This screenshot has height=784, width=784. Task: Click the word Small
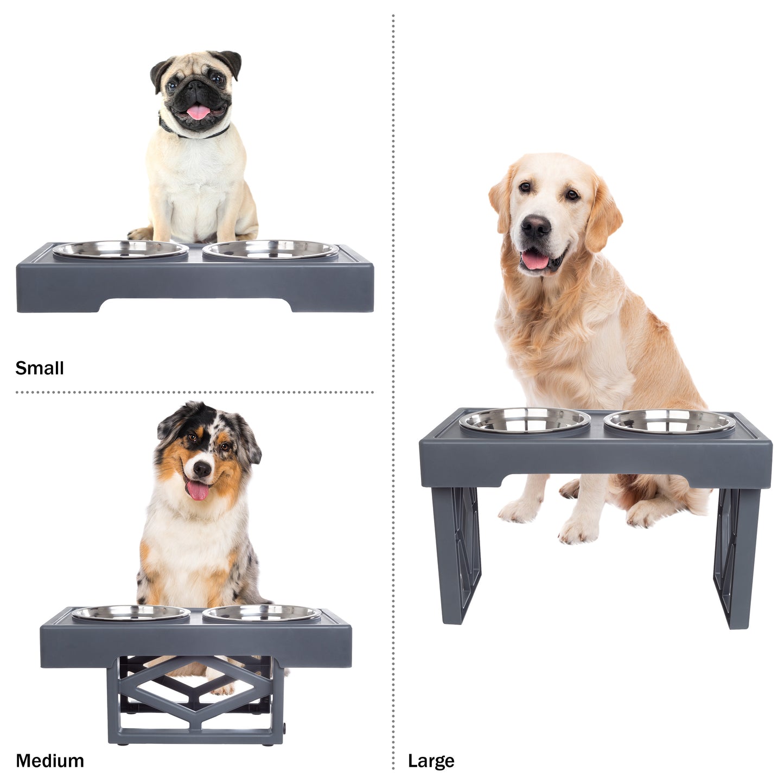40,368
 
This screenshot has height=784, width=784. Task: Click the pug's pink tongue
199,112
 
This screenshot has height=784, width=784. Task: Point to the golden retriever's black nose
536,225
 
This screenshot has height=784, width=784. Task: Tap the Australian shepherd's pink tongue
198,490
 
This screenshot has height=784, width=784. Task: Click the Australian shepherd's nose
201,469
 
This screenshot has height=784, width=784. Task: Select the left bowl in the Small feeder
120,250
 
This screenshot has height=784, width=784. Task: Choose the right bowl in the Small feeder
271,250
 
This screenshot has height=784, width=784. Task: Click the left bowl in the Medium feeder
131,615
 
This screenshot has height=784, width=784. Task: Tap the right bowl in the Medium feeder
262,615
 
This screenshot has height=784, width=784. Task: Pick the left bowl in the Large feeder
525,421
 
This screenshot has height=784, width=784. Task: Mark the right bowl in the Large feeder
670,423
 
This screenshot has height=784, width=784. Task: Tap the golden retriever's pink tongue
535,260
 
